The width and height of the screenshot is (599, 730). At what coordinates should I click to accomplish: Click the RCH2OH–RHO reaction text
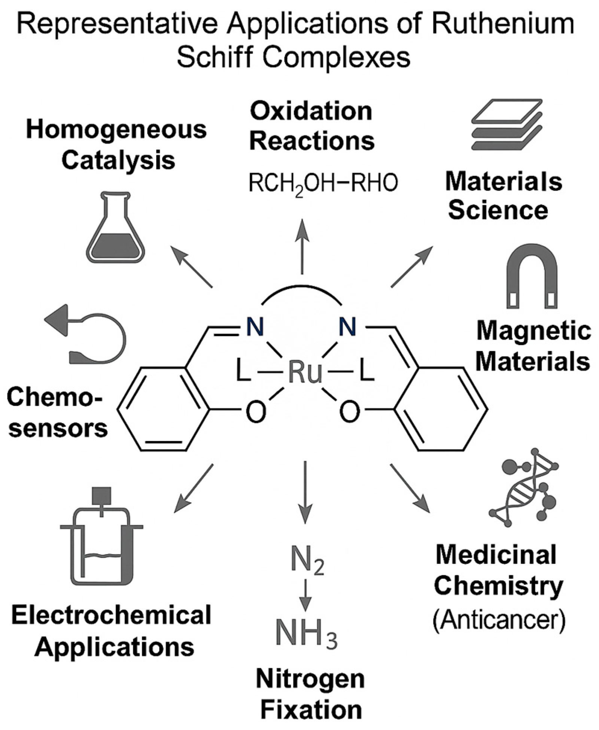[x=323, y=183]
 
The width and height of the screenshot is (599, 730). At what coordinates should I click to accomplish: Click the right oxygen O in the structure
[x=349, y=411]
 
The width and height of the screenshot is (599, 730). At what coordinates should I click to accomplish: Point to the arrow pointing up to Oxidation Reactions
[x=302, y=247]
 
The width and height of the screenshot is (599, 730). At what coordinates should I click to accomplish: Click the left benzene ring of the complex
[x=163, y=410]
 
